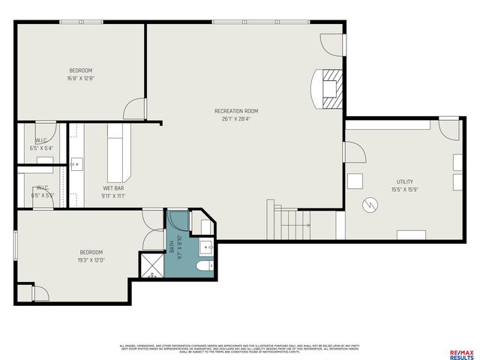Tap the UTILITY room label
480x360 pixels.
point(404,182)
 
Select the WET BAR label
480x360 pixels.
point(114,187)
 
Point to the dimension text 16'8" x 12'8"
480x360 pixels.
point(80,78)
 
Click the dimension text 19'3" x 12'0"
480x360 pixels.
point(91,260)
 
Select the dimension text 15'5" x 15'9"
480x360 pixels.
point(404,190)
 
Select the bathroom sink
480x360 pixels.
point(207,246)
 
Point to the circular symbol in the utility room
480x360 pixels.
point(369,204)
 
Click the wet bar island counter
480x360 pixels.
point(118,149)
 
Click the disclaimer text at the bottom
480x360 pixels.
point(240,348)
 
